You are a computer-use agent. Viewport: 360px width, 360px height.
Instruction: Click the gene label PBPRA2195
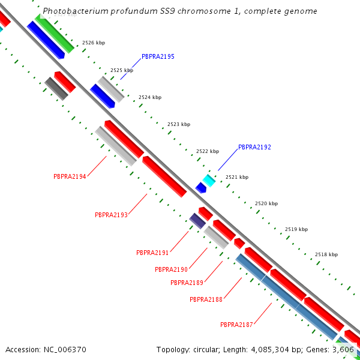click(x=158, y=56)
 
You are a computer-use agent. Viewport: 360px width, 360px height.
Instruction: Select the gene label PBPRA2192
click(x=254, y=147)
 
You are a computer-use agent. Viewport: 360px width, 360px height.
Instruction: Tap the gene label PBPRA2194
click(x=70, y=176)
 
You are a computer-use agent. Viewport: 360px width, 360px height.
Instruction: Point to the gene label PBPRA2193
click(x=111, y=215)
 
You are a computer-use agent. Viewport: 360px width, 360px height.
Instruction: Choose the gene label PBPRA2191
click(x=152, y=253)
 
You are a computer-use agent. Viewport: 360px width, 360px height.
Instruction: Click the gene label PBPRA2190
click(x=171, y=269)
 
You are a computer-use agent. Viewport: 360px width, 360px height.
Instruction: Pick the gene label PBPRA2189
click(x=187, y=283)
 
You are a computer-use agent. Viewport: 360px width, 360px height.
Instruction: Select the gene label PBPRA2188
click(x=206, y=299)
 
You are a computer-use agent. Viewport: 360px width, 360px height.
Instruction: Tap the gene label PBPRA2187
click(x=236, y=325)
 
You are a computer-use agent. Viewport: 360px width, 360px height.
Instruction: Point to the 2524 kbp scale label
click(x=150, y=97)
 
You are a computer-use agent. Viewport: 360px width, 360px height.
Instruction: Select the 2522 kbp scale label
click(x=208, y=151)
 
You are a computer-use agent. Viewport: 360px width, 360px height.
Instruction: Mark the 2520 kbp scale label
click(x=266, y=204)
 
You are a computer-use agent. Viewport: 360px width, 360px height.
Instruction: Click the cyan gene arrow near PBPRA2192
click(x=209, y=180)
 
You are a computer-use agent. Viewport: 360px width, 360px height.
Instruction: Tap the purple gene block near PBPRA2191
click(x=197, y=220)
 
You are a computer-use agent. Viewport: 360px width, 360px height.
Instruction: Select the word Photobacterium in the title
click(x=73, y=11)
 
